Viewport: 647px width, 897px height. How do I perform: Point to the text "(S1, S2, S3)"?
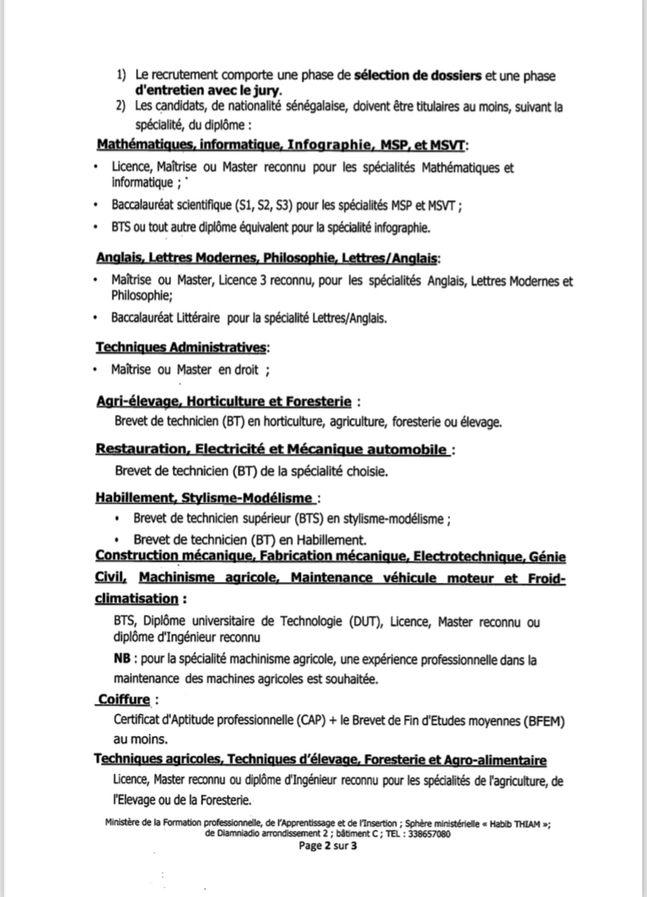(267, 206)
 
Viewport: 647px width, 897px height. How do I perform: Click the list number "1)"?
(122, 75)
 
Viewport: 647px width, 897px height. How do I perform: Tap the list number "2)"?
(122, 106)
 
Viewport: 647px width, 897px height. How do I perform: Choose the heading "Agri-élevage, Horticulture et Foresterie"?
(223, 402)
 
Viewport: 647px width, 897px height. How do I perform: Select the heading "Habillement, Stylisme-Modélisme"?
(206, 498)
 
